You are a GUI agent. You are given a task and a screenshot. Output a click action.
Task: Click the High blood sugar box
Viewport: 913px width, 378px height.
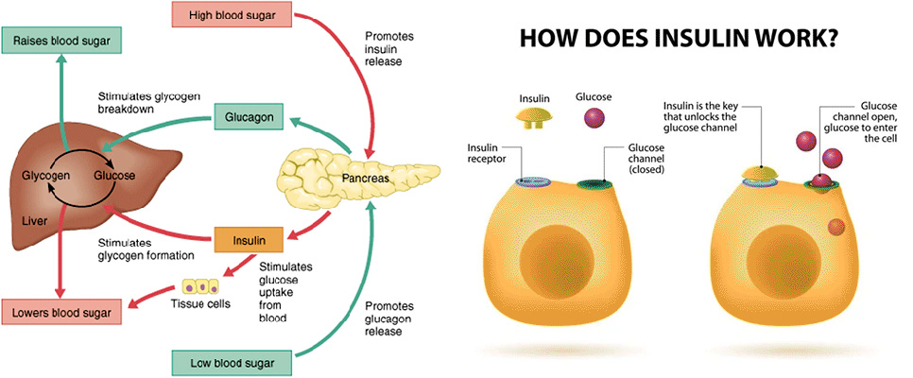click(x=233, y=14)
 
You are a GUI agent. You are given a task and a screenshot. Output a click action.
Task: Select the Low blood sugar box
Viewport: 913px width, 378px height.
click(x=233, y=364)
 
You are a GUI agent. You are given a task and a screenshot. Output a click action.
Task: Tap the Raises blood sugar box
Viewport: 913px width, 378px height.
click(x=61, y=41)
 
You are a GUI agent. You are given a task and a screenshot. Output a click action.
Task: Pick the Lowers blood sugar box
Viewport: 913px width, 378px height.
click(x=61, y=312)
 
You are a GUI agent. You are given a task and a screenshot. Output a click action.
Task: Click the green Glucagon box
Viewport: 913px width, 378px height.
click(x=250, y=117)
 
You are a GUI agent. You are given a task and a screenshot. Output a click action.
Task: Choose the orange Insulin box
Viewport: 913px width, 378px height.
click(x=250, y=239)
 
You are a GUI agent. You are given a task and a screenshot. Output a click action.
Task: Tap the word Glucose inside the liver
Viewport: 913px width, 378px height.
click(x=114, y=175)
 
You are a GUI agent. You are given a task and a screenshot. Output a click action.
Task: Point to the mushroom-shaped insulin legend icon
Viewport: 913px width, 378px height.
click(x=533, y=117)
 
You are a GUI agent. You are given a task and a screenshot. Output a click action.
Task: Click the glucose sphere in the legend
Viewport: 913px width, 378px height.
click(x=594, y=117)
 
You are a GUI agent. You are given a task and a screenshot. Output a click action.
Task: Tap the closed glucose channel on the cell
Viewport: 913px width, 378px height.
click(x=594, y=184)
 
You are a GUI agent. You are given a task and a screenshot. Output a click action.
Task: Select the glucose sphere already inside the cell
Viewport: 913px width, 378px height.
click(x=835, y=227)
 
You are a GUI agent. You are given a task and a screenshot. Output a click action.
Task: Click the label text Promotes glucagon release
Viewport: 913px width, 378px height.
click(x=389, y=318)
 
